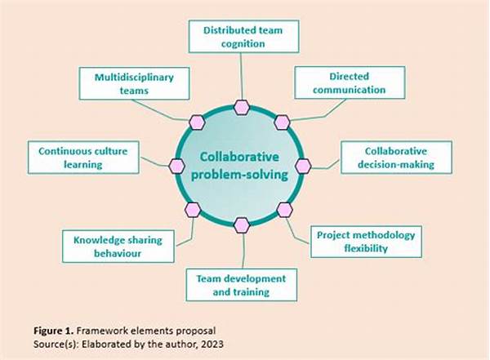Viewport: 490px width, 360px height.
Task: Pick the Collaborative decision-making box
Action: (399, 158)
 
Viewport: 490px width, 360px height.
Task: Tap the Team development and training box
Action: (241, 285)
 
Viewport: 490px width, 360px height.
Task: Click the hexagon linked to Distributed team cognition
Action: (242, 107)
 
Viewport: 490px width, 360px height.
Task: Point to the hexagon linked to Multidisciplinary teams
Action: (196, 122)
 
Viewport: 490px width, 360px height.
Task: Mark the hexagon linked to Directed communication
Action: (282, 122)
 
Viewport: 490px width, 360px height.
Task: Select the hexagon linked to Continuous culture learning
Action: (176, 166)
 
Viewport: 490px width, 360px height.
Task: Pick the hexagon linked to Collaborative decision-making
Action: (303, 166)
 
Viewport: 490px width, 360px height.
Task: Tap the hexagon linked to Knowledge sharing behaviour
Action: (193, 210)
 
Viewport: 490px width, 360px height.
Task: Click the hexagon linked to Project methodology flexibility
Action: (284, 210)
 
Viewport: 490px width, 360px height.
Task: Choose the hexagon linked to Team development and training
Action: (241, 224)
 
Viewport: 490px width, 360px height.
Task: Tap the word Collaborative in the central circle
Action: (240, 156)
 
